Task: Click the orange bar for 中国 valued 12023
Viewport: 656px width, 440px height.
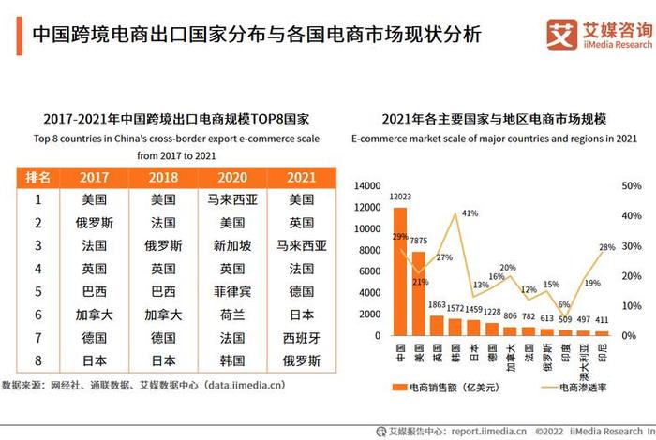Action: pos(400,271)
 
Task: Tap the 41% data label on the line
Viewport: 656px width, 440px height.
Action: pos(470,213)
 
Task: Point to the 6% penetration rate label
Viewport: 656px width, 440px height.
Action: pos(563,305)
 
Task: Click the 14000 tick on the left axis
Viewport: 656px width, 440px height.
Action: pos(367,185)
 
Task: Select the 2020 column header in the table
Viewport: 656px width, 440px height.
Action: pos(232,177)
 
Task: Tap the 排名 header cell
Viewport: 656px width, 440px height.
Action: pos(37,177)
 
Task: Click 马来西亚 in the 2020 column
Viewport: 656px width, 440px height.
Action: pos(232,199)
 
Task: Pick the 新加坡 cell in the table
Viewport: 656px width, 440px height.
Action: pos(232,245)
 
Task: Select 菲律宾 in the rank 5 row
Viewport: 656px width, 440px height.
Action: pos(232,291)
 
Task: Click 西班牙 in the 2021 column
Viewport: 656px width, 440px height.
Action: pos(302,337)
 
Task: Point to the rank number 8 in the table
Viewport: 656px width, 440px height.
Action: pos(38,359)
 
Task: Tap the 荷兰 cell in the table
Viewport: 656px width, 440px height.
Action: pos(232,315)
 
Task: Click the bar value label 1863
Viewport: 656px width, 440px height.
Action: pos(437,305)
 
